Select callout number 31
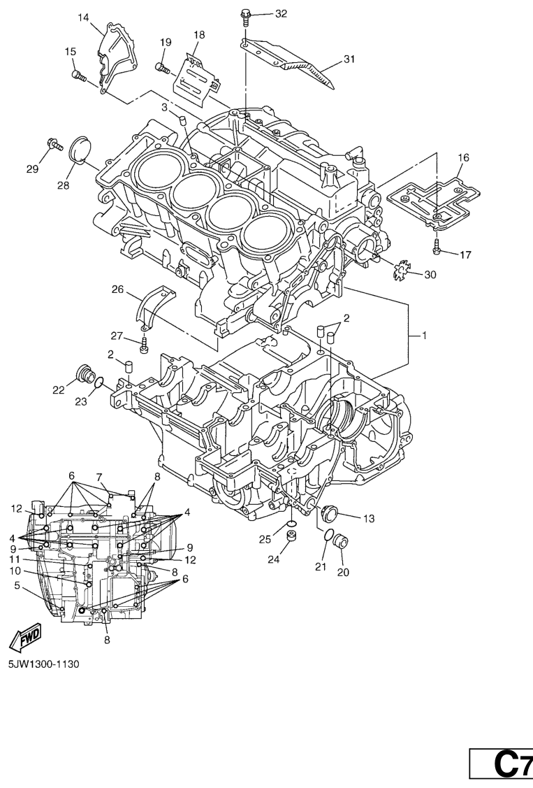tap(348, 59)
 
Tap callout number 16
tap(463, 157)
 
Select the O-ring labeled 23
tap(100, 383)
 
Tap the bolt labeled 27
tap(145, 345)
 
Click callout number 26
tap(117, 288)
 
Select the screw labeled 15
tap(78, 75)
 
